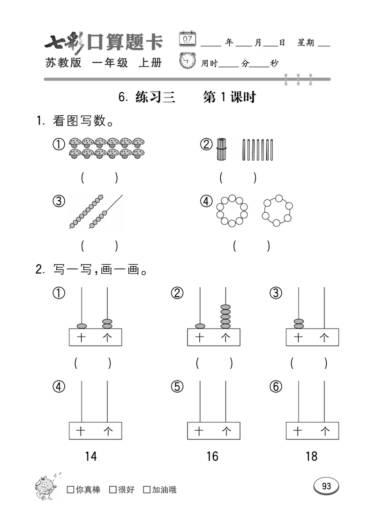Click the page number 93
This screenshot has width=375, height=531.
pyautogui.click(x=326, y=486)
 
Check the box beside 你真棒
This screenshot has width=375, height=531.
pyautogui.click(x=71, y=490)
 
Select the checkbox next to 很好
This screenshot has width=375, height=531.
pyautogui.click(x=112, y=490)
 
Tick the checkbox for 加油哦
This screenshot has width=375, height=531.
pyautogui.click(x=147, y=490)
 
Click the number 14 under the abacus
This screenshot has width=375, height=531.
pyautogui.click(x=91, y=456)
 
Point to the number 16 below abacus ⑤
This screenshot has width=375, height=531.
pyautogui.click(x=212, y=456)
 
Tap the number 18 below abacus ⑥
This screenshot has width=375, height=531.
pyautogui.click(x=311, y=456)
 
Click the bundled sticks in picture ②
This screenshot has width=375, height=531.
pyautogui.click(x=221, y=150)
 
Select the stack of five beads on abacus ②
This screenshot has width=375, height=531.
pyautogui.click(x=225, y=317)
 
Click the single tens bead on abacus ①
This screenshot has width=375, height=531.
pyautogui.click(x=82, y=326)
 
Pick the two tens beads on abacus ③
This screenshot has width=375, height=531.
pyautogui.click(x=298, y=323)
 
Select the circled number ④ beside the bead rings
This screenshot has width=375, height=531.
pyautogui.click(x=206, y=202)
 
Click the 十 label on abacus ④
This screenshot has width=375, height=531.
pyautogui.click(x=81, y=431)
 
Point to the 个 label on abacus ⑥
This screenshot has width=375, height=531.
pyautogui.click(x=324, y=431)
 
